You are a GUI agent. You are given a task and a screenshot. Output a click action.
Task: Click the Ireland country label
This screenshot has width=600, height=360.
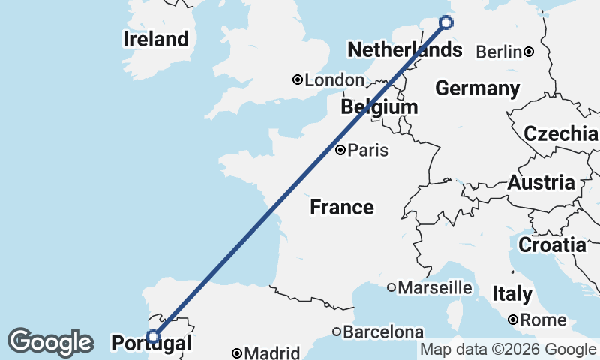pos(155,39)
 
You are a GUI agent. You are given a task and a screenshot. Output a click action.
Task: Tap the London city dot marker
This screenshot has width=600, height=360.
pos(298,79)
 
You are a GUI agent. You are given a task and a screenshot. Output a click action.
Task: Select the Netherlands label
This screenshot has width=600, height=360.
pos(404,51)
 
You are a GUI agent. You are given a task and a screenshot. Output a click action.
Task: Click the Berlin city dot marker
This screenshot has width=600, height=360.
pos(529,52)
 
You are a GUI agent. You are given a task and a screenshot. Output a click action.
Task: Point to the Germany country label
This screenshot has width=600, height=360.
pos(477,88)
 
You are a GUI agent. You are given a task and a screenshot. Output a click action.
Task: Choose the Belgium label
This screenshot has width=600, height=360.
pos(379,107)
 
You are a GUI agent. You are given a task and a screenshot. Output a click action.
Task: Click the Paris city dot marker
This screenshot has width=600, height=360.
pos(340,150)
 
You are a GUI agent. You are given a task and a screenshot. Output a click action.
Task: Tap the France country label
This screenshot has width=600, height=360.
pos(341,207)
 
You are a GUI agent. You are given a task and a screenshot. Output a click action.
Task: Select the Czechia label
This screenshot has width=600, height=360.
pos(560,134)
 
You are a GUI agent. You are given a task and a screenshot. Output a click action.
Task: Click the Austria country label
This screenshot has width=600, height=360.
pos(541,182)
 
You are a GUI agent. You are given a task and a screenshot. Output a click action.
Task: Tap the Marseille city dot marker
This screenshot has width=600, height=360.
pos(391,287)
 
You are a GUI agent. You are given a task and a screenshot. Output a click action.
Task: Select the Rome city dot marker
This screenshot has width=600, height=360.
pos(513,319)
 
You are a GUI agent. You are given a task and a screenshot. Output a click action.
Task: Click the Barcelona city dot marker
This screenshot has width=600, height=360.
pos(337,331)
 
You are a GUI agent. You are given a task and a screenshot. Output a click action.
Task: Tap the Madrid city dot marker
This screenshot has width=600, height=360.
pos(237,352)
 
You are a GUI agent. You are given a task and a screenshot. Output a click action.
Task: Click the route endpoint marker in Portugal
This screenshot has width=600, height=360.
pos(153,337)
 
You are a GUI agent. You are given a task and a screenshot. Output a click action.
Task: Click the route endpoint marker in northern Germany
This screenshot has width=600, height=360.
pos(446,22)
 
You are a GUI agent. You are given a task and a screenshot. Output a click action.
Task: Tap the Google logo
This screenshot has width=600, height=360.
pos(50,342)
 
